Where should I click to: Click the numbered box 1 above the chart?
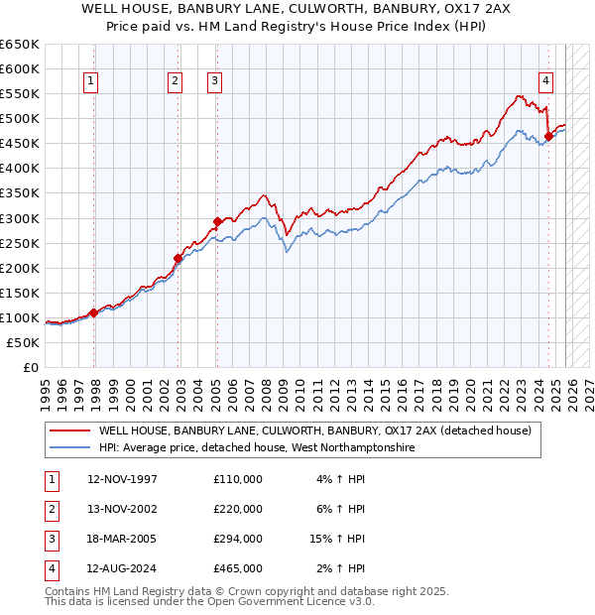[90, 81]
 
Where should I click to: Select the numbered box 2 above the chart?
[175, 81]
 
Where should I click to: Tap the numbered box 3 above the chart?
[214, 81]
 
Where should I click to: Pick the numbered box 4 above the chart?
[545, 81]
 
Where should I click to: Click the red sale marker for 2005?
[217, 220]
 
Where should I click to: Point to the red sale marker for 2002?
[178, 258]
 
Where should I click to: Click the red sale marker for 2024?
[548, 136]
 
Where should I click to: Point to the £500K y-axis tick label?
[20, 119]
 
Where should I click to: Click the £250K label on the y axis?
[20, 243]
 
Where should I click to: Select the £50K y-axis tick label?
[24, 342]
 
